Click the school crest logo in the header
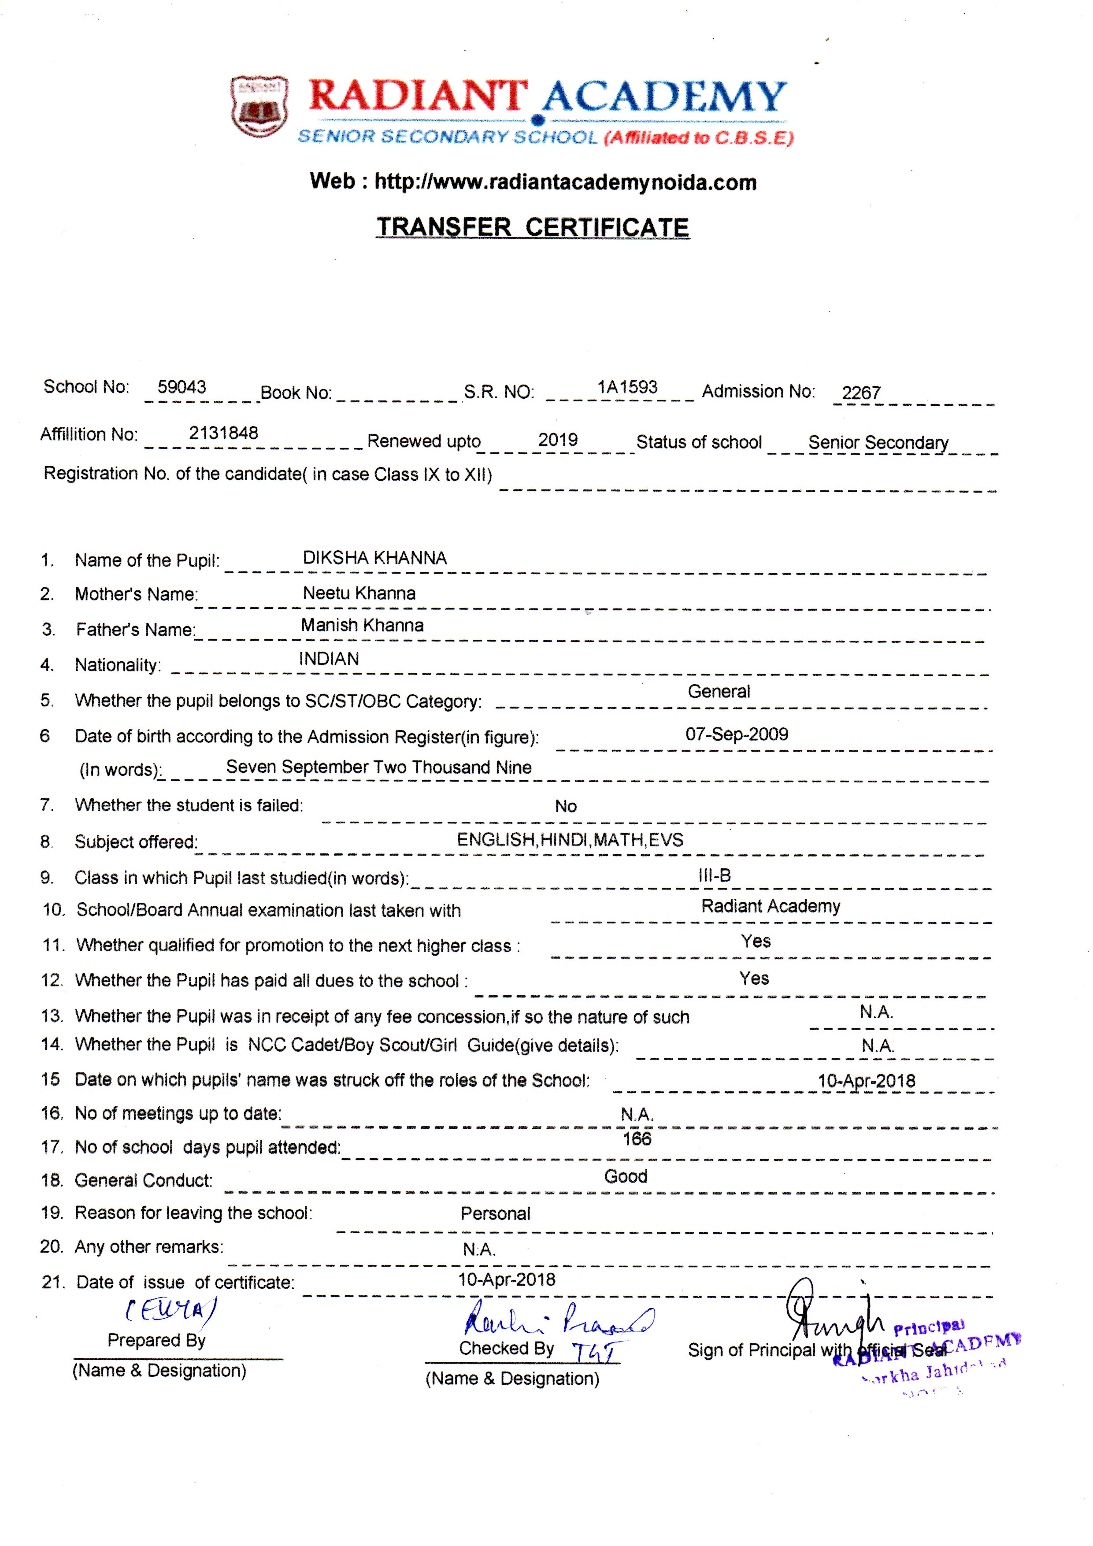(259, 106)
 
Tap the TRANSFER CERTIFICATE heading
(533, 227)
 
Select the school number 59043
(182, 387)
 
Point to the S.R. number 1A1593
(627, 387)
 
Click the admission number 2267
(861, 393)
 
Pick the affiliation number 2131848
(223, 433)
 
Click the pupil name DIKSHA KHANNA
(374, 558)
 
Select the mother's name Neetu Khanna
(359, 593)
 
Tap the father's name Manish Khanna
(362, 626)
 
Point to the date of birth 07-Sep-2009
(737, 734)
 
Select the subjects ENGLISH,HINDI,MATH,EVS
(570, 840)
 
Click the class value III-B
(715, 875)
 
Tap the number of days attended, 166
(637, 1138)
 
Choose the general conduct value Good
(626, 1176)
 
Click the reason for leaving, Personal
(495, 1213)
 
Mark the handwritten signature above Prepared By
(171, 1309)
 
